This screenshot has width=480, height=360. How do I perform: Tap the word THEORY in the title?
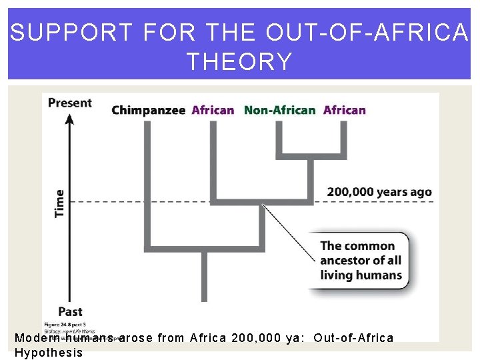239,61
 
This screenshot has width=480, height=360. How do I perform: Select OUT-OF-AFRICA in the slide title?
367,32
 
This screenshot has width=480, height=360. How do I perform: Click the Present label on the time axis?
70,103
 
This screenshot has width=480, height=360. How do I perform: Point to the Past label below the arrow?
70,311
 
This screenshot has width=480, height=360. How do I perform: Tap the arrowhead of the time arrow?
69,118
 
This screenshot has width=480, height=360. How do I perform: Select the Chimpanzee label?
148,110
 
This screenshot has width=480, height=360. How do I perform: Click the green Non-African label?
279,110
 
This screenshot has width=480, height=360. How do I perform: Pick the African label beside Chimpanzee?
213,110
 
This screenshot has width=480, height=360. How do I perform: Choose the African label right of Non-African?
344,110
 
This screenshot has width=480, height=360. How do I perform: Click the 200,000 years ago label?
379,192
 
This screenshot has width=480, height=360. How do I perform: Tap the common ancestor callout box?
361,261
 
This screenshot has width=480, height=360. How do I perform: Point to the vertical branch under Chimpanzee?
148,180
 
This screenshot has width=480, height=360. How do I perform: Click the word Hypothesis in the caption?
49,353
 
